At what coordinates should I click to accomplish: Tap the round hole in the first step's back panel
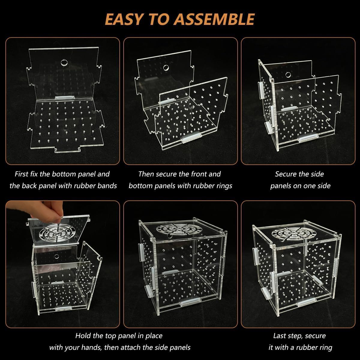(64, 63)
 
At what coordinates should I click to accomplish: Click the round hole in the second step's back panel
(165, 67)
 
